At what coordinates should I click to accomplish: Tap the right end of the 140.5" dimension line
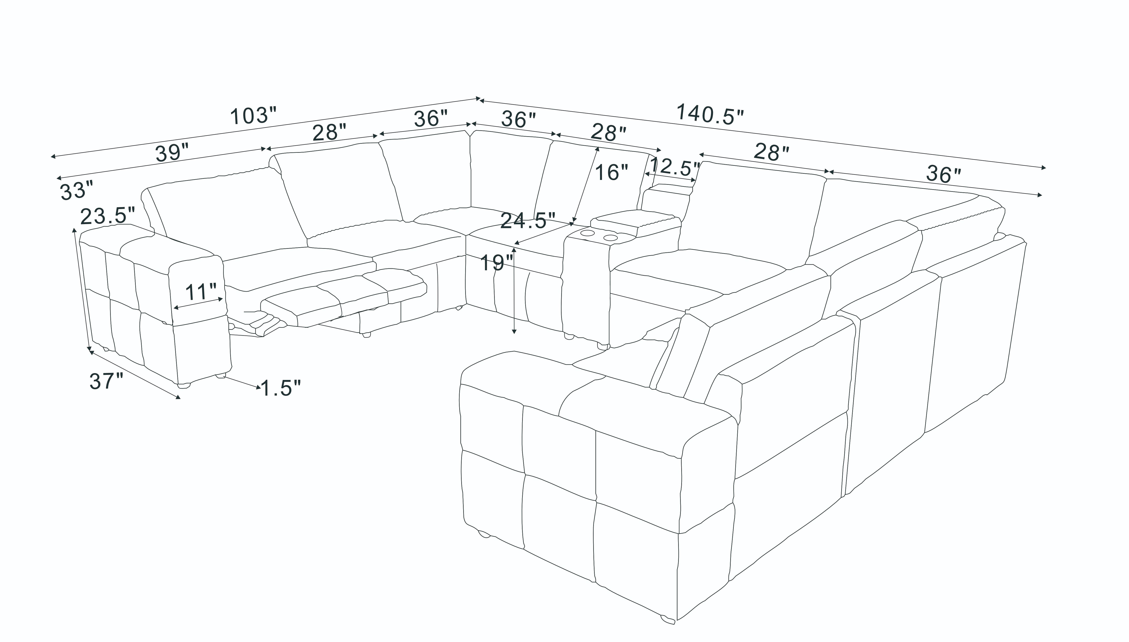1046,168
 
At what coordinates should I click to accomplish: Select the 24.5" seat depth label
528,221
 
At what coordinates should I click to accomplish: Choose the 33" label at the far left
77,191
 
